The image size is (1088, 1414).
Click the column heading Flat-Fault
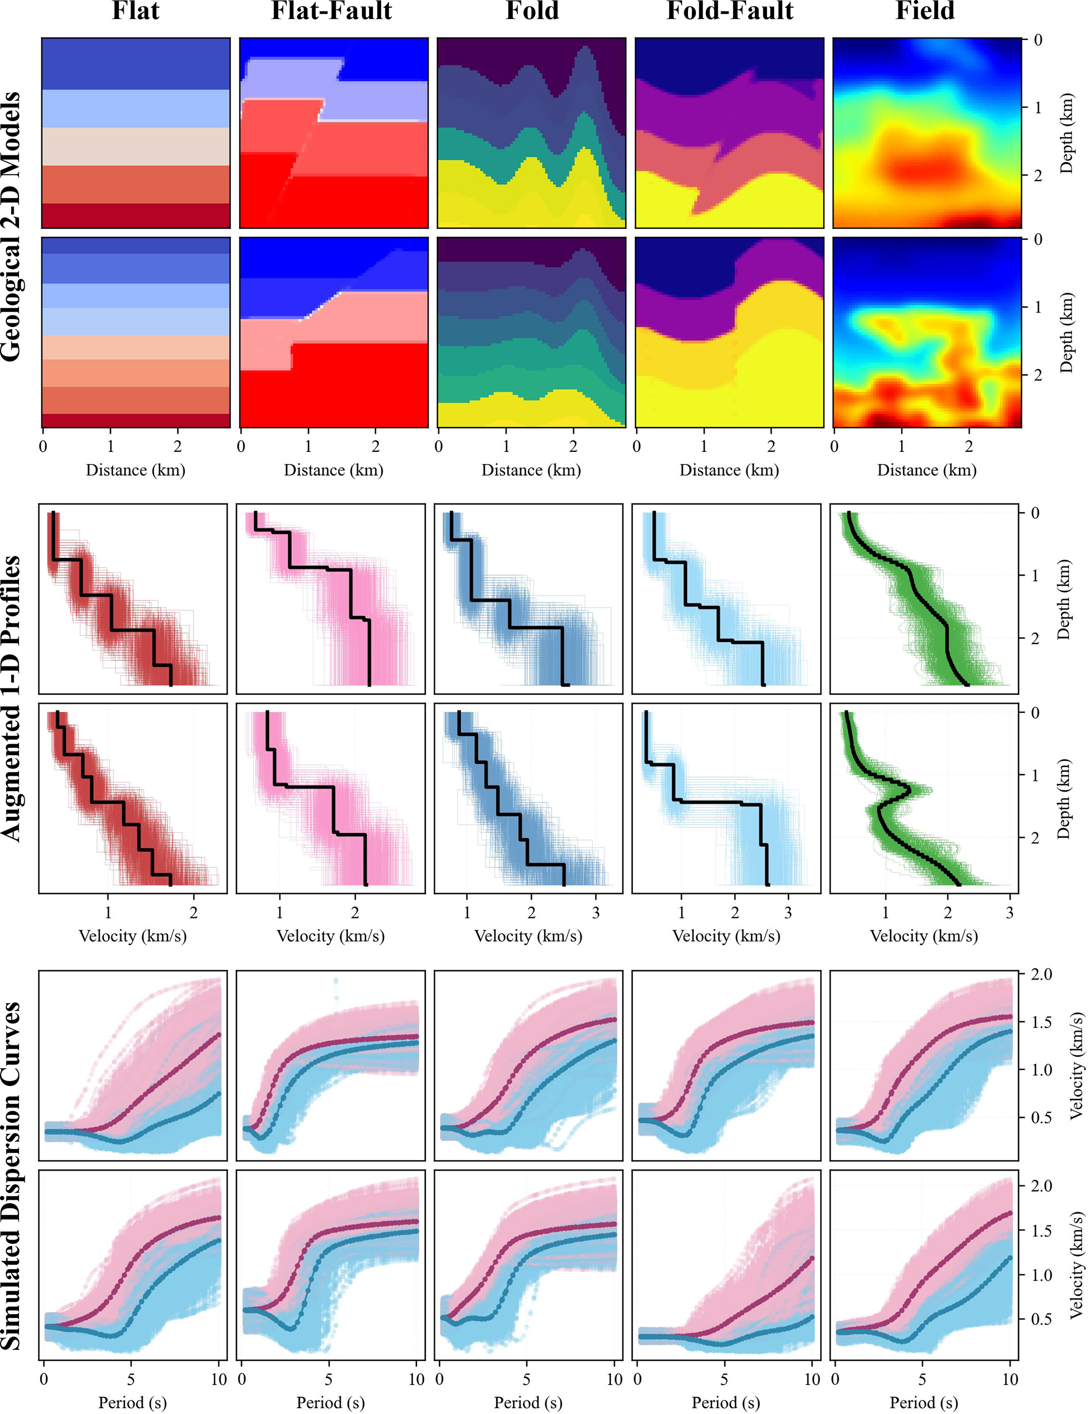pos(332,11)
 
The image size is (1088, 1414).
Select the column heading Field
pos(925,11)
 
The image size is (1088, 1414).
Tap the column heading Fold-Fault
pos(730,11)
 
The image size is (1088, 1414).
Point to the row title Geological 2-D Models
pos(11,226)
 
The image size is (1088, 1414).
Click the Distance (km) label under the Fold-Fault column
pos(729,470)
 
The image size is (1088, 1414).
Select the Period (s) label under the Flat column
pos(133,1402)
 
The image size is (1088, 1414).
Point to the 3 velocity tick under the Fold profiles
pos(595,913)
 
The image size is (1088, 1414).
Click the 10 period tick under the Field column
pos(1010,1379)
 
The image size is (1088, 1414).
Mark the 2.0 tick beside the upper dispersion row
pos(1041,974)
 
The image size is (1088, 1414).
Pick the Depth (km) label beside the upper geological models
pos(1066,133)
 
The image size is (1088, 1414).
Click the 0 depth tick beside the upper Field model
pos(1038,40)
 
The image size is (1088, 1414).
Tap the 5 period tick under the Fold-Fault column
pos(724,1379)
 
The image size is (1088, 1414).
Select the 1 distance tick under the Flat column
pos(111,446)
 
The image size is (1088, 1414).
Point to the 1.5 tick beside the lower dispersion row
pos(1041,1231)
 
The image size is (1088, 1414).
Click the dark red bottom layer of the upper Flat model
pos(136,215)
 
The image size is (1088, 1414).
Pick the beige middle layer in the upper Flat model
pos(136,146)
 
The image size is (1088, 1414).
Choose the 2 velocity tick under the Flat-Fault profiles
pos(355,913)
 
